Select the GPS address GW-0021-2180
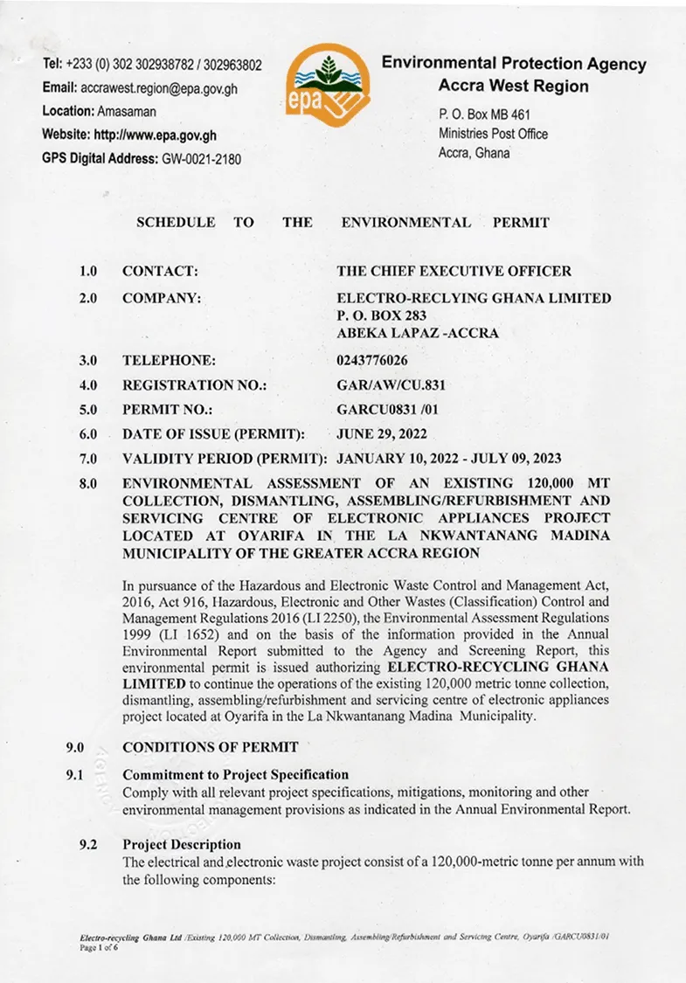(201, 159)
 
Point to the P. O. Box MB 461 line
(484, 114)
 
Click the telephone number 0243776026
(371, 360)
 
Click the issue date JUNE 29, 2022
(382, 433)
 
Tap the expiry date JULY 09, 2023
(517, 458)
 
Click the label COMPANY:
(162, 298)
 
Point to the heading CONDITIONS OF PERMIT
(211, 747)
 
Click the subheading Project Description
(182, 844)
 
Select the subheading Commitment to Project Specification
(236, 775)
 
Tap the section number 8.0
(88, 483)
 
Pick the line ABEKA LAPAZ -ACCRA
(418, 333)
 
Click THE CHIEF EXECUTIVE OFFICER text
(454, 272)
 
